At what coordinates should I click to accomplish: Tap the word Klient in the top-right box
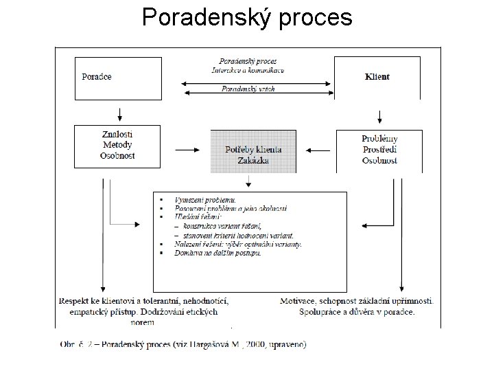tap(377, 76)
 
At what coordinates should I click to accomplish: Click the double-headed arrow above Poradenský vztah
tap(257, 84)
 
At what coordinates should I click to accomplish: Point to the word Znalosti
tap(117, 135)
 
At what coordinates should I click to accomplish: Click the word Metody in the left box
tap(117, 145)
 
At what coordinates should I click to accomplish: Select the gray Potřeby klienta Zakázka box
tap(253, 151)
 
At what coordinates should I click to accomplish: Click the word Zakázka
tap(253, 161)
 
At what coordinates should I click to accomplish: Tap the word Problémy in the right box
tap(379, 139)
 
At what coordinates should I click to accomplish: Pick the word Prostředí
tap(379, 150)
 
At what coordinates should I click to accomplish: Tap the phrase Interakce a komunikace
tap(248, 70)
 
